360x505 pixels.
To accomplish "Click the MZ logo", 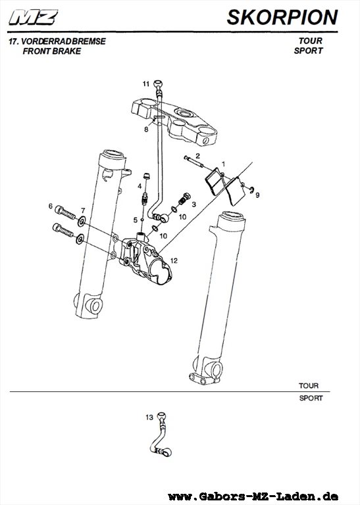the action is [34, 17].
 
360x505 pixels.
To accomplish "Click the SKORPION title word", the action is [282, 17].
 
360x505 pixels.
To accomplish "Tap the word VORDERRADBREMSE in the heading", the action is [63, 41].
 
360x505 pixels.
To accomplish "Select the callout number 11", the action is [146, 84].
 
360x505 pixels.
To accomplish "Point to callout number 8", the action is [146, 130].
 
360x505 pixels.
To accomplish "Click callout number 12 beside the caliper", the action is [174, 260].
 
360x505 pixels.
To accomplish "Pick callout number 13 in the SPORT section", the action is [149, 418].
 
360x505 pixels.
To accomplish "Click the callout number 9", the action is [257, 195].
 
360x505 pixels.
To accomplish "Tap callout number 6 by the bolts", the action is [50, 206].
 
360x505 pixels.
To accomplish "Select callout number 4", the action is [140, 186].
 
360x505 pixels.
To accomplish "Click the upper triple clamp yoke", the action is [174, 121].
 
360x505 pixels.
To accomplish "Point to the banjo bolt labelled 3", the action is [184, 199].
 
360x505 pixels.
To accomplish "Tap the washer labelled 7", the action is [82, 221].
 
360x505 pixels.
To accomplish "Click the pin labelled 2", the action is [193, 162].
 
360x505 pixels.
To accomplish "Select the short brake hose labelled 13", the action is [161, 435].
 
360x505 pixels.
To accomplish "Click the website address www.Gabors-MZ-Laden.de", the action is [253, 496].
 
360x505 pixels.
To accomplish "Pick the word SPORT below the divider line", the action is [311, 398].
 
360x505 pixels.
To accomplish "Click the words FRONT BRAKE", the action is [52, 51].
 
